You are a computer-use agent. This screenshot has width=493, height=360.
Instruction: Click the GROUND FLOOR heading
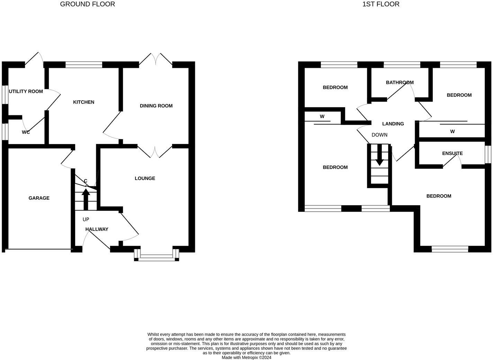coord(87,4)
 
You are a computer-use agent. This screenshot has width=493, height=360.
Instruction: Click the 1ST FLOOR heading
coord(380,4)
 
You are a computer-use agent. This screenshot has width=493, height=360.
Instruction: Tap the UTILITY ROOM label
coord(26,91)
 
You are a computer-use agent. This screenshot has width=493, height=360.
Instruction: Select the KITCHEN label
coord(83,102)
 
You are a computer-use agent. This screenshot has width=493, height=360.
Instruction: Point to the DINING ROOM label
coord(156,106)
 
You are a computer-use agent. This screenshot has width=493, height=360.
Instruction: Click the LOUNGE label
coord(145,178)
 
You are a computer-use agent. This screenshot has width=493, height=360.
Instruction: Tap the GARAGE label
coord(39,198)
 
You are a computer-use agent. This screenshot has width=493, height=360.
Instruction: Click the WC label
coord(26,132)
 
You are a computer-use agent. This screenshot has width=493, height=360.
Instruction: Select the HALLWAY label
coord(97,229)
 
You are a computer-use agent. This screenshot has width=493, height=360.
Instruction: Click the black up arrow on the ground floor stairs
coord(86,199)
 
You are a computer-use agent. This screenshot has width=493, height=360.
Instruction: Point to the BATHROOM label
coord(400,82)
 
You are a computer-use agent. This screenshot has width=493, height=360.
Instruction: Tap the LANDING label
coord(393,124)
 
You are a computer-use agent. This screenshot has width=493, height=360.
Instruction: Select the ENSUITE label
coord(452,153)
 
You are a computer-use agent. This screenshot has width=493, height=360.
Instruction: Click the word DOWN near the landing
coord(379,135)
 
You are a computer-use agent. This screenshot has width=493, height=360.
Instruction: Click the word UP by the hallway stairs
coord(86,219)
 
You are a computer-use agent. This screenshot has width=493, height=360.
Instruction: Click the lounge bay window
coord(156,256)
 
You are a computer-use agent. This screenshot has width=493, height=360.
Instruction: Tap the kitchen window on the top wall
coord(84,64)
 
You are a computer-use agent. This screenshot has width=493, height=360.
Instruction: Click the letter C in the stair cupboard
coord(86,181)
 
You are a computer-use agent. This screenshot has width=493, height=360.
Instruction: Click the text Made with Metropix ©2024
coord(247,358)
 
